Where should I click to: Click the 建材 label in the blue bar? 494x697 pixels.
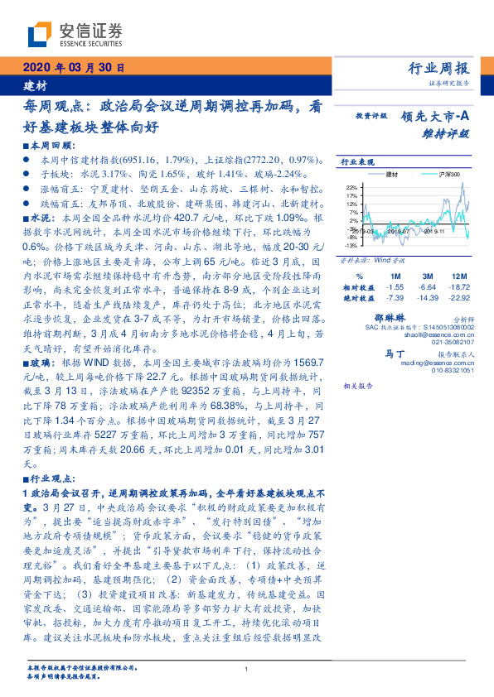click(x=36, y=85)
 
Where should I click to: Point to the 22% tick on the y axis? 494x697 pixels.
click(x=353, y=188)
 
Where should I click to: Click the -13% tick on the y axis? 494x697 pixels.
click(x=351, y=245)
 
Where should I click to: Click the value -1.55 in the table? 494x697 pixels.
click(x=396, y=286)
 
